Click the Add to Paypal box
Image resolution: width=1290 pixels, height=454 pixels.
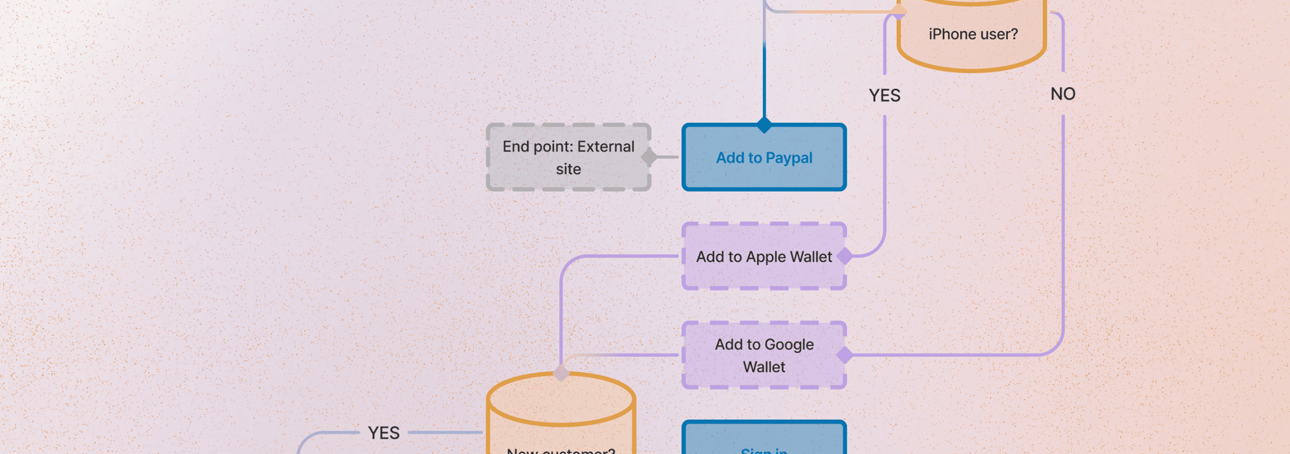pyautogui.click(x=764, y=157)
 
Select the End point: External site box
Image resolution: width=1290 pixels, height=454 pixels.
pyautogui.click(x=568, y=157)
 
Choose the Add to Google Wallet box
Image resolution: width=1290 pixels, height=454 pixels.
pyautogui.click(x=764, y=355)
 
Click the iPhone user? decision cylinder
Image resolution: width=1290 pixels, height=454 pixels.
pyautogui.click(x=972, y=35)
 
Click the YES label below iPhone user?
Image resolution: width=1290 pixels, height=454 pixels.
pyautogui.click(x=884, y=95)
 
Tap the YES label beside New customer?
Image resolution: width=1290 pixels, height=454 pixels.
pyautogui.click(x=384, y=432)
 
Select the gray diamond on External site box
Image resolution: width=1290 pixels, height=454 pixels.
pyautogui.click(x=649, y=157)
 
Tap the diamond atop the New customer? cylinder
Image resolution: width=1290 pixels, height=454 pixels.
pyautogui.click(x=561, y=373)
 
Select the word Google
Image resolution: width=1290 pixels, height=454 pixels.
pyautogui.click(x=789, y=345)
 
